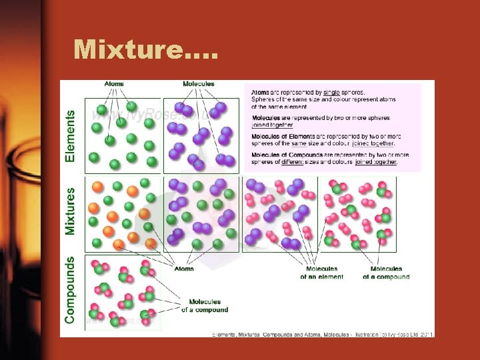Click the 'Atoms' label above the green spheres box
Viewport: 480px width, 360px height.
pos(113,84)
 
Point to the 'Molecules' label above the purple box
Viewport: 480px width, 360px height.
pos(199,84)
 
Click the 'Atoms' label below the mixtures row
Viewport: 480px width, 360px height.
pos(185,269)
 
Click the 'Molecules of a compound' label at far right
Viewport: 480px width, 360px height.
pos(387,273)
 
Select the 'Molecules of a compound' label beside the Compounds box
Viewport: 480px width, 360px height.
pos(205,306)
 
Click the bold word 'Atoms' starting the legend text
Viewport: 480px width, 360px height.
pos(260,92)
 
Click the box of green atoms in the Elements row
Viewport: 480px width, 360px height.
pos(123,135)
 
